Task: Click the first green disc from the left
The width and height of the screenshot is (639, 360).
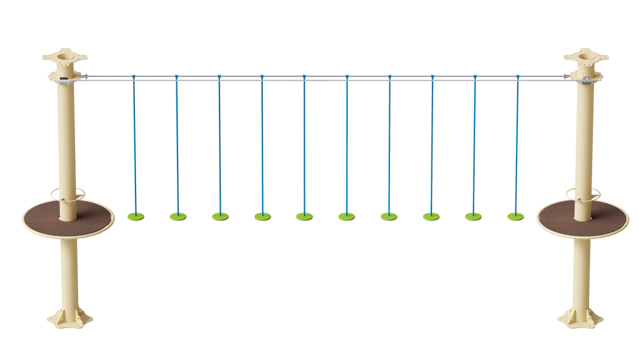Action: (135, 217)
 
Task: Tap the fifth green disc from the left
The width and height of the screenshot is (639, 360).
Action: (305, 217)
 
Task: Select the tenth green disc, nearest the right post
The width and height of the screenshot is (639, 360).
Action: (515, 217)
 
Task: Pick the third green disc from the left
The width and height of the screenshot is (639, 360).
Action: (220, 217)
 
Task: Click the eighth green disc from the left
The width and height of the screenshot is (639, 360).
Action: (431, 217)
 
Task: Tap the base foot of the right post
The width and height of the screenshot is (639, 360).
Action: (580, 322)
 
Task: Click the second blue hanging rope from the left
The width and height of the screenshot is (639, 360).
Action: (176, 142)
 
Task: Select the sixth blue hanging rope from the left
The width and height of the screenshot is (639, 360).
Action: (347, 142)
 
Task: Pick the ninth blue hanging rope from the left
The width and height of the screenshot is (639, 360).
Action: (474, 142)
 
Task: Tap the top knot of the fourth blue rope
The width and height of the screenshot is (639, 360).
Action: (262, 77)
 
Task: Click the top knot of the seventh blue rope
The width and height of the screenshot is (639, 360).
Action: (389, 77)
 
